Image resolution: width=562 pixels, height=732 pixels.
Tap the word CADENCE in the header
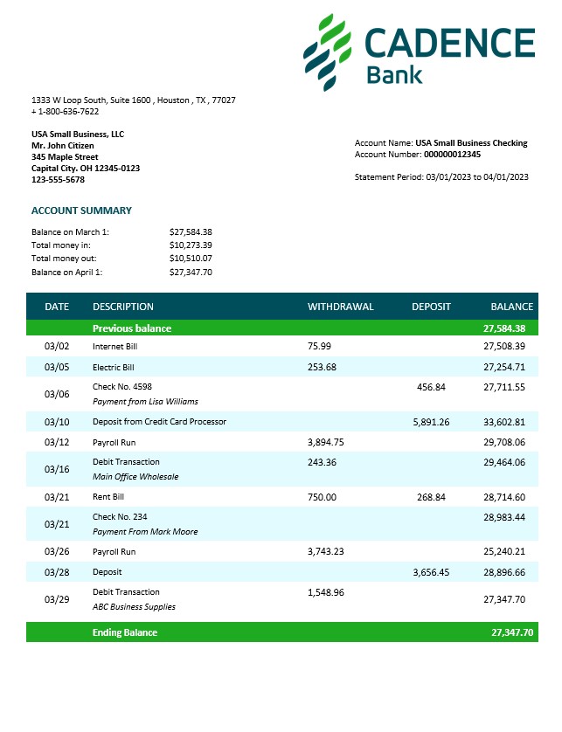pos(449,43)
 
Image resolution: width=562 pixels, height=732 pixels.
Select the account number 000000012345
pos(452,154)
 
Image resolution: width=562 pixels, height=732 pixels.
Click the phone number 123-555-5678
pos(58,179)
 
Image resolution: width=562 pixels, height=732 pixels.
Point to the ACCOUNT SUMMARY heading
pos(81,211)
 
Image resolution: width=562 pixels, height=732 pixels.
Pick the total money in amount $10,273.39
pos(191,245)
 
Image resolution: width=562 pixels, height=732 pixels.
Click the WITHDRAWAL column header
pos(340,307)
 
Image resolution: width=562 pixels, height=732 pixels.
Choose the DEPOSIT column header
pos(431,307)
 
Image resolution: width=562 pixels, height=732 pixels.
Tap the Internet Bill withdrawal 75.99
pos(319,346)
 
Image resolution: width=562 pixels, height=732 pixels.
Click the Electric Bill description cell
pos(113,367)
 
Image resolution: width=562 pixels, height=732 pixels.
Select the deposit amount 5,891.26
pos(430,422)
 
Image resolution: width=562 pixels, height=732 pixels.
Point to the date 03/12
pos(57,443)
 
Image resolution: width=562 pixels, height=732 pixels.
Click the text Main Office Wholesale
pos(135,477)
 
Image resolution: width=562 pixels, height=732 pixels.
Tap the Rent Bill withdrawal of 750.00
pos(322,497)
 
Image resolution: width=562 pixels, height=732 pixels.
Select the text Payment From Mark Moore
pos(145,531)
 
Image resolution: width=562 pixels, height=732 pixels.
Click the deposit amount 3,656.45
pos(430,572)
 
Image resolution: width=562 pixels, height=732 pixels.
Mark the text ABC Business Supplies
pos(134,606)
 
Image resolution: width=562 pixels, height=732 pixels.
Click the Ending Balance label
pos(125,632)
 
